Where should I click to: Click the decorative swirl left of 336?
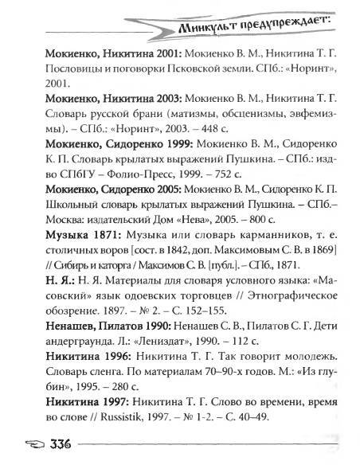pos(18,444)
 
